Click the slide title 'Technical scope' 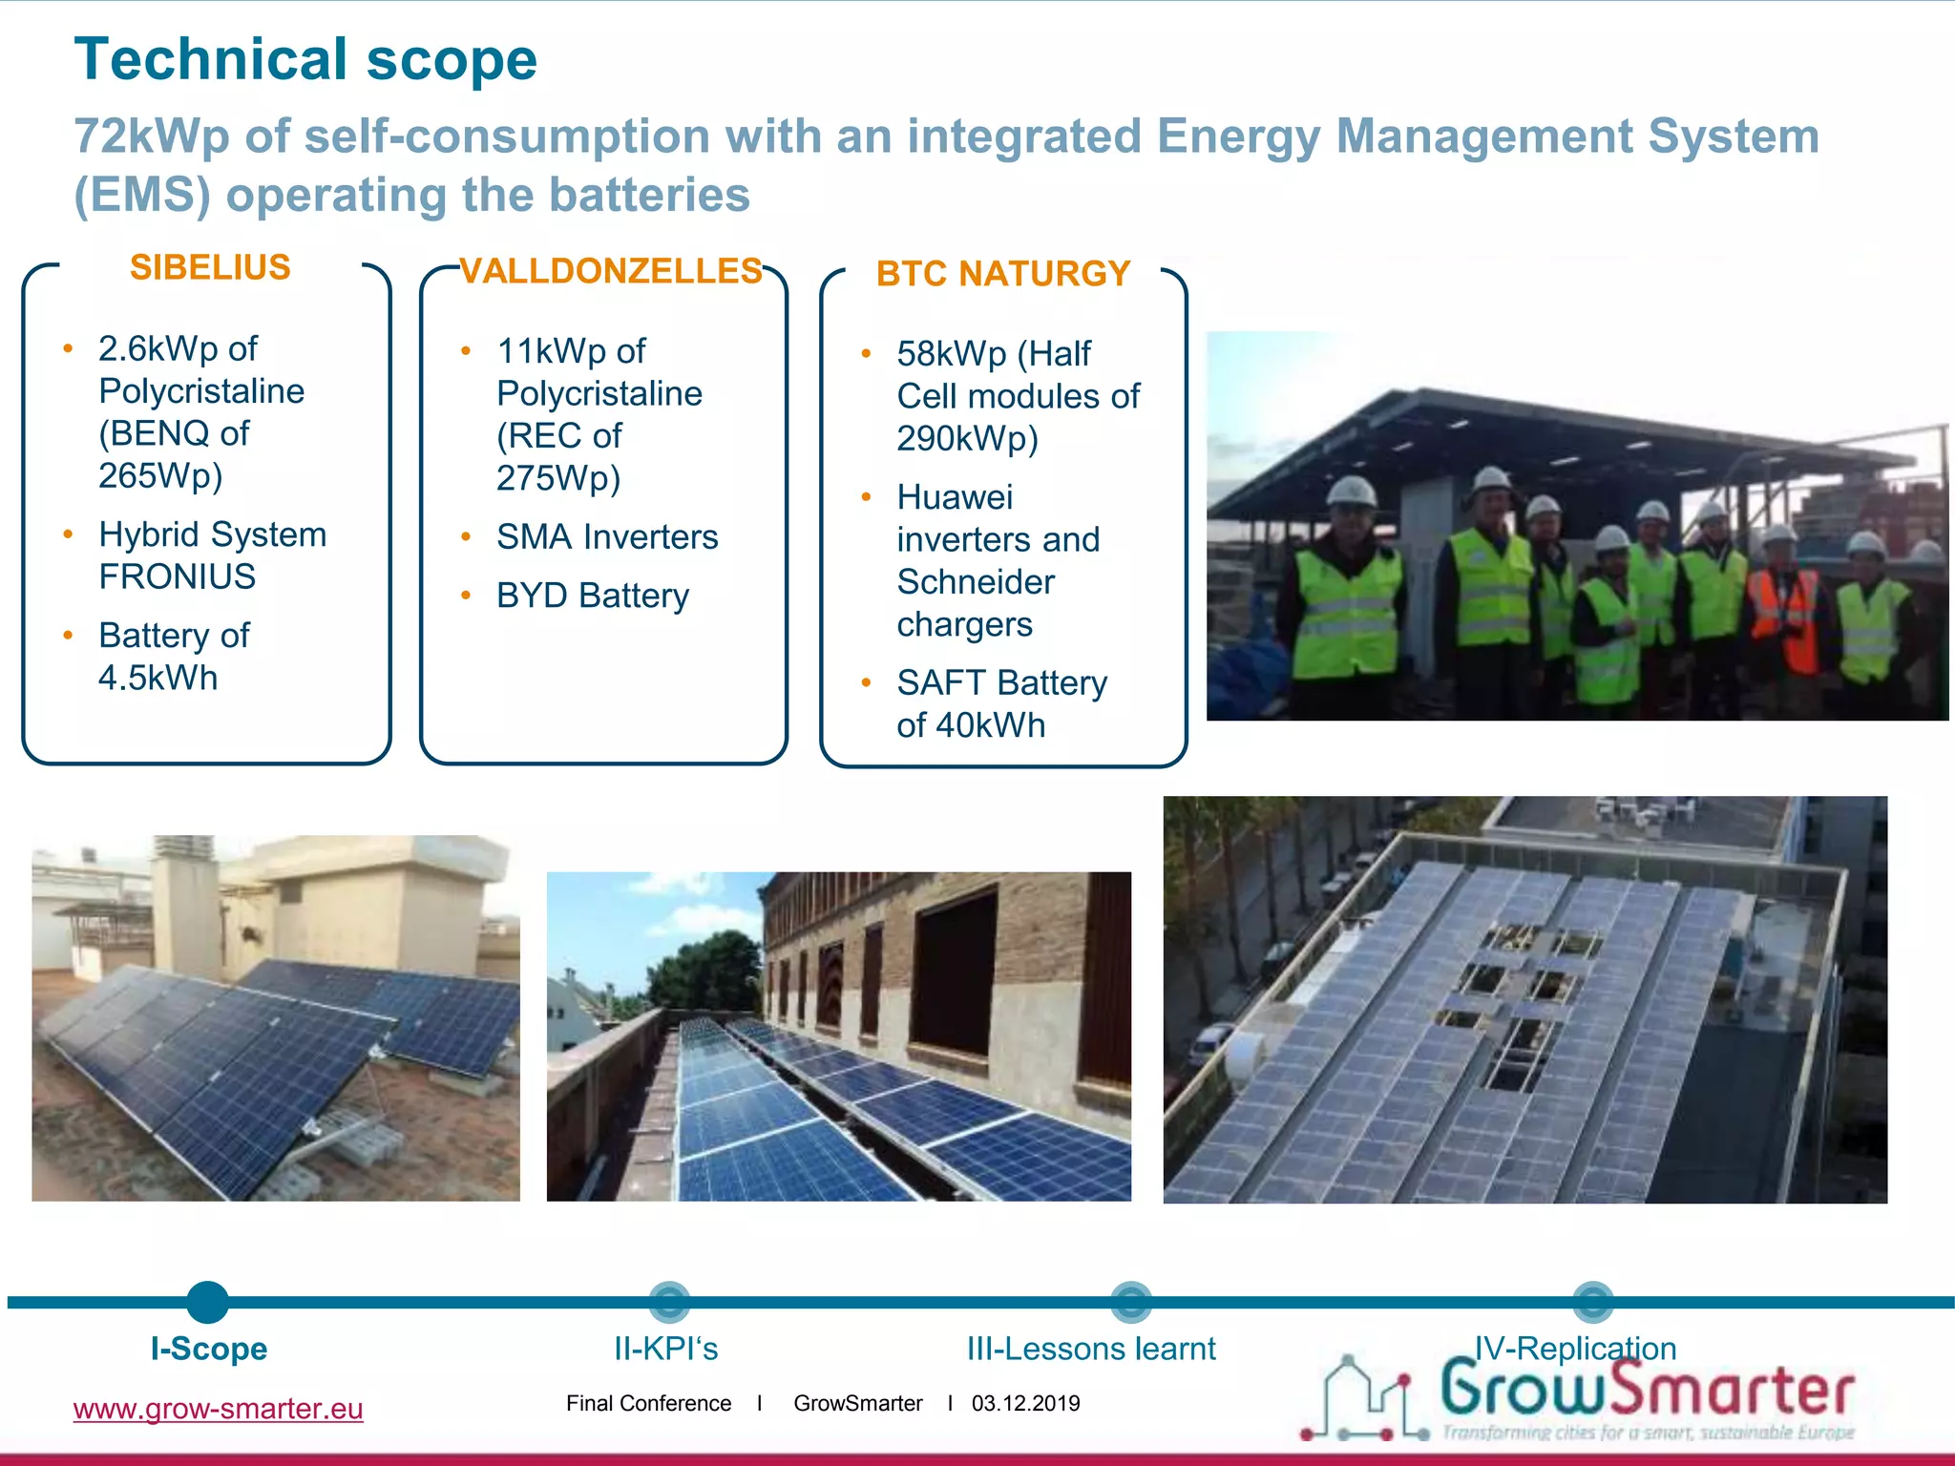click(305, 59)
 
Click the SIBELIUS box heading click(210, 268)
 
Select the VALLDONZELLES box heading click(611, 272)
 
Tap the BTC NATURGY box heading click(1003, 275)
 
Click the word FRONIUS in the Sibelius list click(178, 576)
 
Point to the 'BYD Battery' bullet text click(592, 596)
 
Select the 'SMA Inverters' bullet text click(607, 537)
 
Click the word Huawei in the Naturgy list click(955, 497)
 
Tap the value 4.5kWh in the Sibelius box click(158, 678)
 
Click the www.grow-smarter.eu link click(218, 1409)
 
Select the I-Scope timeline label click(209, 1349)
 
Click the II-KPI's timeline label click(665, 1349)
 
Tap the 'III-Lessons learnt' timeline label click(1091, 1349)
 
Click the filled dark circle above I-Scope click(208, 1302)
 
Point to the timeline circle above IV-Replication click(1592, 1302)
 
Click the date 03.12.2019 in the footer click(1025, 1403)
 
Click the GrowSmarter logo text click(1647, 1391)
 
